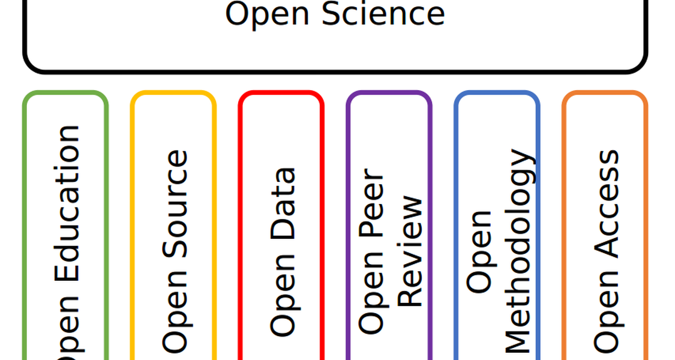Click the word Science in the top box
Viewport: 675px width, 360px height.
(383, 14)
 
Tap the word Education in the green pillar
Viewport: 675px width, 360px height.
(67, 203)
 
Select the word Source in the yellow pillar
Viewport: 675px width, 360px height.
(175, 203)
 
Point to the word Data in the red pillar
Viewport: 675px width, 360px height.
(283, 203)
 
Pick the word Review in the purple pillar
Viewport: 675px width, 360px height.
(409, 251)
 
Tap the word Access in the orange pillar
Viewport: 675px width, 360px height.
(606, 203)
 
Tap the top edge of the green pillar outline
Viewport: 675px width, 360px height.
(65, 92)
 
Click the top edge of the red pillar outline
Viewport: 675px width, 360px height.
(281, 92)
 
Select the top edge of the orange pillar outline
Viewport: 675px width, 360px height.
(605, 92)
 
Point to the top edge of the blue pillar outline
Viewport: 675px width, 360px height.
(497, 92)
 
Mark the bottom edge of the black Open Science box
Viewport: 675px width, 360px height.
(335, 71)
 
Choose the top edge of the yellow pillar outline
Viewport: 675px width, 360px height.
(173, 92)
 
